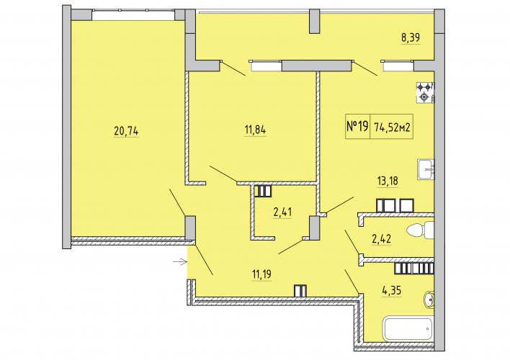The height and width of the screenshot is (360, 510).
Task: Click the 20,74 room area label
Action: point(126,131)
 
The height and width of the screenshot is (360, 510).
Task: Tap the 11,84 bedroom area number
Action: point(255,130)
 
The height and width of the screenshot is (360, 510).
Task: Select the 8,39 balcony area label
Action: point(411,37)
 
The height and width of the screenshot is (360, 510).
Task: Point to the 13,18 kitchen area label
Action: point(388,181)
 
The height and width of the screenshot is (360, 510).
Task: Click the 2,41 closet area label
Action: point(282,212)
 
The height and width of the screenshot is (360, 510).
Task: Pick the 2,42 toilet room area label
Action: point(382,239)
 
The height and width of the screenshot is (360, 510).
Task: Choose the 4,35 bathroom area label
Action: point(392,290)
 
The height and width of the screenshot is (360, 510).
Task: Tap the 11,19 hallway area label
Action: point(261,274)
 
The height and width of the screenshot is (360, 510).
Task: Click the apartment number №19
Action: point(357,126)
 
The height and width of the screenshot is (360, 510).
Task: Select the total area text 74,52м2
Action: point(392,127)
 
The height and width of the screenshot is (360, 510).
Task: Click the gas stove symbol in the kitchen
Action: point(426,92)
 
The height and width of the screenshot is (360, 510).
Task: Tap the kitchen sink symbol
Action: point(426,169)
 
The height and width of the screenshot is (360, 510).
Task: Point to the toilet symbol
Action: point(420,230)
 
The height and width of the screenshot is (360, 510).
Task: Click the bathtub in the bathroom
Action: point(409,329)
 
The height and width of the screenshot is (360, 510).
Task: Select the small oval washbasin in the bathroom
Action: point(429,300)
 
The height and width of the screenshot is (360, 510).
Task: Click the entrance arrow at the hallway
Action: point(180,261)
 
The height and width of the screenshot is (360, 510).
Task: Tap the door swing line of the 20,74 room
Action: point(178,202)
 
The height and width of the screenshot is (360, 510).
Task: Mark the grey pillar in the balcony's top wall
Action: point(314,21)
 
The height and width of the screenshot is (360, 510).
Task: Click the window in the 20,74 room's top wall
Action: point(133,15)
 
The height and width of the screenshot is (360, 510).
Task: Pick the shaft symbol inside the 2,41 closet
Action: point(262,191)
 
